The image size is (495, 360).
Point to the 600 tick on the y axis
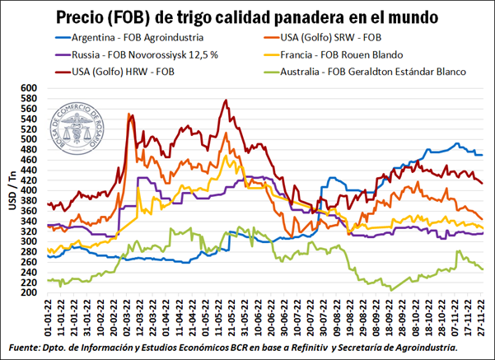point(30,88)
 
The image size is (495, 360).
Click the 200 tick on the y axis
point(30,292)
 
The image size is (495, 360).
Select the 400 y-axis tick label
point(30,190)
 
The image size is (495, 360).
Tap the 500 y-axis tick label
point(30,139)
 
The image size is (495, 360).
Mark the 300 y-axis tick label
point(30,241)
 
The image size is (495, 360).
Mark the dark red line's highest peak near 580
point(226,101)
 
